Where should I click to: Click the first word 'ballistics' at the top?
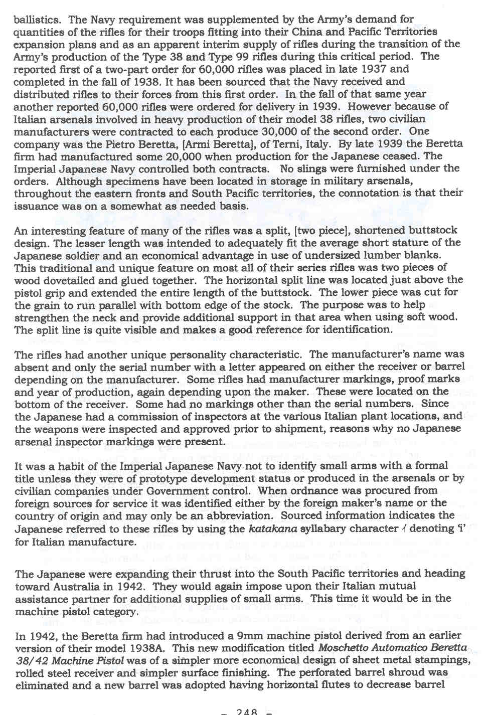(x=38, y=20)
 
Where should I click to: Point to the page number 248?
(x=247, y=711)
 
